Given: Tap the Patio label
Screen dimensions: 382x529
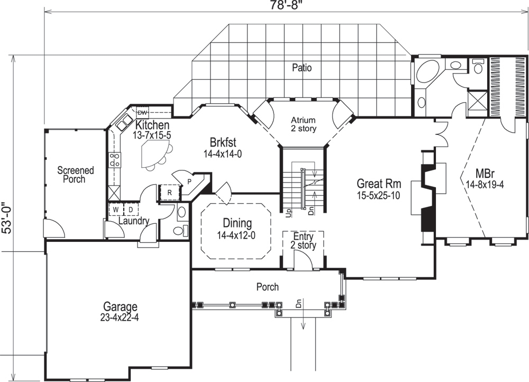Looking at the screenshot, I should [x=302, y=68].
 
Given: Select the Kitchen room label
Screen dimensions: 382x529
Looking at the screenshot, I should [x=152, y=125].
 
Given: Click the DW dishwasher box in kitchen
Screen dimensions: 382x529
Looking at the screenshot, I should [x=142, y=112].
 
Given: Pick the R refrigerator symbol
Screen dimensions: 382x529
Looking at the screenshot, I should [x=169, y=193].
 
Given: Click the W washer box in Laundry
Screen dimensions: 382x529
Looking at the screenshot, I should [x=115, y=210].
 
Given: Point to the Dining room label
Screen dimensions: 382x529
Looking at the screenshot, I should [x=236, y=223].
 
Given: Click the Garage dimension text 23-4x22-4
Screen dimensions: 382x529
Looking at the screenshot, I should [x=120, y=318].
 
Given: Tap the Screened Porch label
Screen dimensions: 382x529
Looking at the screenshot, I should [x=75, y=175].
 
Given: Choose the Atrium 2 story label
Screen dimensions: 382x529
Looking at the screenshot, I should [x=303, y=124].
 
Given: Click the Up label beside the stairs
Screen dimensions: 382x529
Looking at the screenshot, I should [x=288, y=212].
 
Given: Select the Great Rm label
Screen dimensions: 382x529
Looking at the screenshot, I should [x=379, y=184].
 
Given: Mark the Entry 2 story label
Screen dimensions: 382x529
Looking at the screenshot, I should [x=303, y=241].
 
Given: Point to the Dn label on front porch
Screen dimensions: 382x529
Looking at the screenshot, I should [x=298, y=304].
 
